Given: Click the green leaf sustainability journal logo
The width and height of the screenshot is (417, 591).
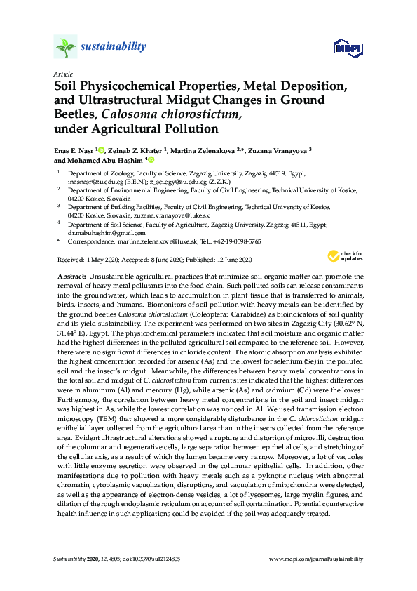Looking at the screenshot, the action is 65,48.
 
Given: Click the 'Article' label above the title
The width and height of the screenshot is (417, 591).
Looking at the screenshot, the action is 62,74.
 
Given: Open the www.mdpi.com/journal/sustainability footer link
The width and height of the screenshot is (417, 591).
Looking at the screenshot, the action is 316,559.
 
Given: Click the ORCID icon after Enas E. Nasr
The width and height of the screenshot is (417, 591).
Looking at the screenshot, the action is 102,150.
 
